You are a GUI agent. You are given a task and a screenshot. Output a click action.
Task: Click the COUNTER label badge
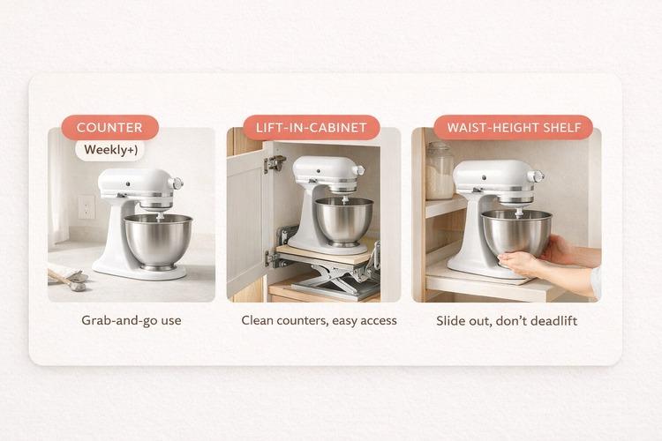click(109, 128)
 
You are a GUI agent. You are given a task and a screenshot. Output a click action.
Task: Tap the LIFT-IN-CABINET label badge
click(311, 128)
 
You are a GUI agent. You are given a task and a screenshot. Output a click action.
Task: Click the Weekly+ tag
click(110, 150)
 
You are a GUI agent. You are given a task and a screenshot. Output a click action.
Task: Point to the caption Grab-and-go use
click(131, 320)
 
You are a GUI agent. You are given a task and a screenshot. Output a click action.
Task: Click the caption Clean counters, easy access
click(319, 320)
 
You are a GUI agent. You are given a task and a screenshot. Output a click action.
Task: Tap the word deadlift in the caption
click(551, 320)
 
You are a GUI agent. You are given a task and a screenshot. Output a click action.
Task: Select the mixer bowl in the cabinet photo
click(343, 220)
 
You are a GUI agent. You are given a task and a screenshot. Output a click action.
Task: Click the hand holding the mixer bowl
click(530, 259)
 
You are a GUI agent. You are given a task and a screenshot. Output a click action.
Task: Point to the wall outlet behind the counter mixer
click(87, 206)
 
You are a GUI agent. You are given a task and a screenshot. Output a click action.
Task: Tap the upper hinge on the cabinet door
click(275, 164)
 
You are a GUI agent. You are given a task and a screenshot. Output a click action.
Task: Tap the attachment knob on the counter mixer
click(177, 183)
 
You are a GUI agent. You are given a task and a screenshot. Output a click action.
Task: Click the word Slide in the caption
click(452, 320)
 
